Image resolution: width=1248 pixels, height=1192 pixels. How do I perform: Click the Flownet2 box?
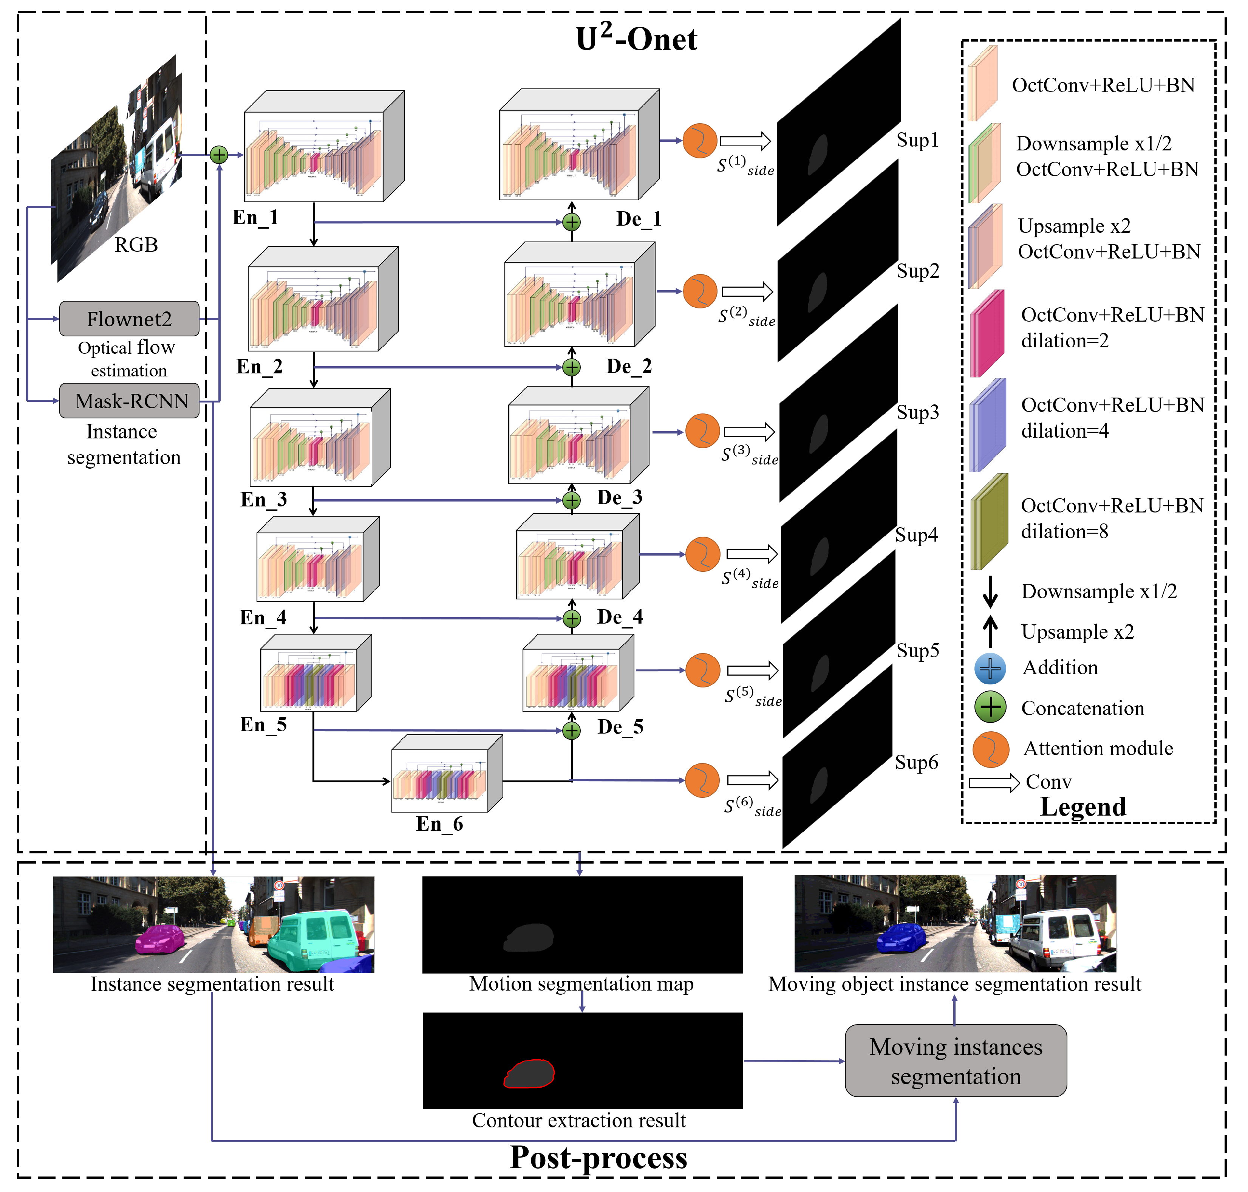129,318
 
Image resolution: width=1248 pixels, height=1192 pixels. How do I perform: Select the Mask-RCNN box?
129,400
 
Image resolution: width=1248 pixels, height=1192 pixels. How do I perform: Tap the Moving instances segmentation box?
955,1060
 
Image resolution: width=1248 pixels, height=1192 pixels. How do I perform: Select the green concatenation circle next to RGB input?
218,155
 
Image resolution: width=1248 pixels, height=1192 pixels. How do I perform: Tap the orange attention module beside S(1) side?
699,141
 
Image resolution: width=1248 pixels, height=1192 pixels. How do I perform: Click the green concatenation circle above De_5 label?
572,731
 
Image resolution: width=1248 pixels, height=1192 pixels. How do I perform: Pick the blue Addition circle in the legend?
990,669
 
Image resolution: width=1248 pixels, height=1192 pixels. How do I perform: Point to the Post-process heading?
598,1158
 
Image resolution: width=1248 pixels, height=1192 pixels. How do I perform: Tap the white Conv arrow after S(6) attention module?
752,780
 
